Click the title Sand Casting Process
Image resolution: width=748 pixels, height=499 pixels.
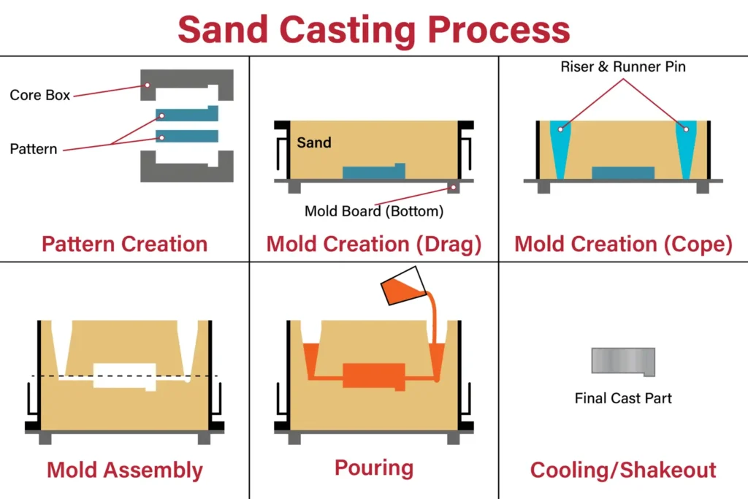click(373, 29)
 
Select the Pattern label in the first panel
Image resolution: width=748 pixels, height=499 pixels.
click(34, 149)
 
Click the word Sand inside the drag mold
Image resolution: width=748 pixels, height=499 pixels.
click(314, 142)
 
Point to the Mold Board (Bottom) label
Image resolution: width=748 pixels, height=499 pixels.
click(374, 212)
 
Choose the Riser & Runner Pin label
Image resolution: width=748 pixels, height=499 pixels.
click(623, 67)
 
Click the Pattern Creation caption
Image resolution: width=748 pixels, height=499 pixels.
click(124, 244)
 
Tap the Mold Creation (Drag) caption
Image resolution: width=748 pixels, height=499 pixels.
click(374, 244)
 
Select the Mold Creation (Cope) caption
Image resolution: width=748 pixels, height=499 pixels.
click(623, 244)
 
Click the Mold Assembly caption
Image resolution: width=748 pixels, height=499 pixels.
click(124, 470)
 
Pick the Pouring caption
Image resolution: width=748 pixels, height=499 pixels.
click(374, 468)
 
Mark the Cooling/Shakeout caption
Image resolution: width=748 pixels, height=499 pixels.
click(623, 470)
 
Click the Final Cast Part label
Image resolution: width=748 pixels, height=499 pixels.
click(623, 398)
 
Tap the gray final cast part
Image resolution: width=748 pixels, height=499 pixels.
click(622, 361)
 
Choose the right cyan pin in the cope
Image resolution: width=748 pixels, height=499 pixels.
click(686, 146)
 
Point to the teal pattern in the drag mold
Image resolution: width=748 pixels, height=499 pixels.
click(373, 173)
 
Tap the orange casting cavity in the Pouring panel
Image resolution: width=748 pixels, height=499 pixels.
click(373, 376)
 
